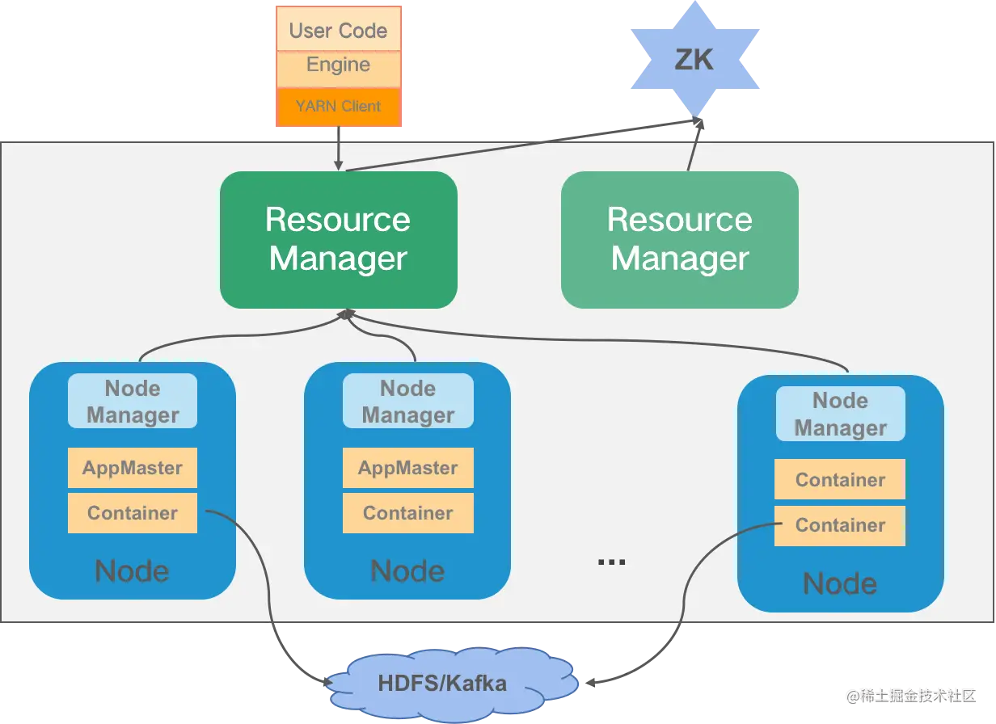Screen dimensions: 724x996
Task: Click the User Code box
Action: [338, 31]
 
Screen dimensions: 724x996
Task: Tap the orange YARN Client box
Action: [338, 106]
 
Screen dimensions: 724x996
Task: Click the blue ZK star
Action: [694, 59]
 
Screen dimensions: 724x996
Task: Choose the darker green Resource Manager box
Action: [338, 239]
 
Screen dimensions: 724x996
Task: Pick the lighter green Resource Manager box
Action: [680, 239]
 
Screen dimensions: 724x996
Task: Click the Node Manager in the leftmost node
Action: [133, 401]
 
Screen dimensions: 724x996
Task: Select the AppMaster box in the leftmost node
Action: [133, 468]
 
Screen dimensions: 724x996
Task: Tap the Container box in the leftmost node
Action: [133, 513]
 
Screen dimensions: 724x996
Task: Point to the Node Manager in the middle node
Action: [407, 401]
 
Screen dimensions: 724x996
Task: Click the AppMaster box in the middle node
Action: [407, 468]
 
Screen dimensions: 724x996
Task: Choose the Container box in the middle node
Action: [407, 513]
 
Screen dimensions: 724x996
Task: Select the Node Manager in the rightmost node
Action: [840, 414]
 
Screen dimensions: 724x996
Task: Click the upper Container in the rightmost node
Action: [840, 480]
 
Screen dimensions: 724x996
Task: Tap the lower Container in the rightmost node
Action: [840, 525]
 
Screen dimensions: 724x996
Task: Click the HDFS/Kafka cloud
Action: [442, 683]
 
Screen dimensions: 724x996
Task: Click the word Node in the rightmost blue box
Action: [840, 583]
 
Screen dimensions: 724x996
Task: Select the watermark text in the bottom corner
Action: [911, 695]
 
